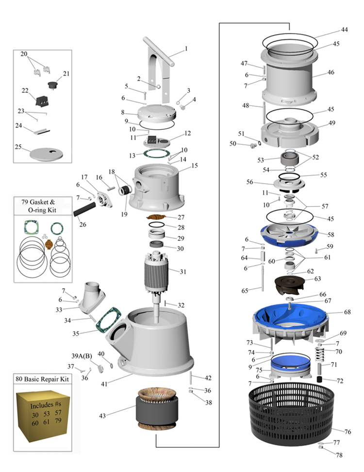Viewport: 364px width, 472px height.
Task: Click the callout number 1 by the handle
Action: coord(185,49)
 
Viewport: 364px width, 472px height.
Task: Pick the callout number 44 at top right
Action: coord(344,30)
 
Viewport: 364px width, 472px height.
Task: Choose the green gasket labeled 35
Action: coord(106,321)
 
